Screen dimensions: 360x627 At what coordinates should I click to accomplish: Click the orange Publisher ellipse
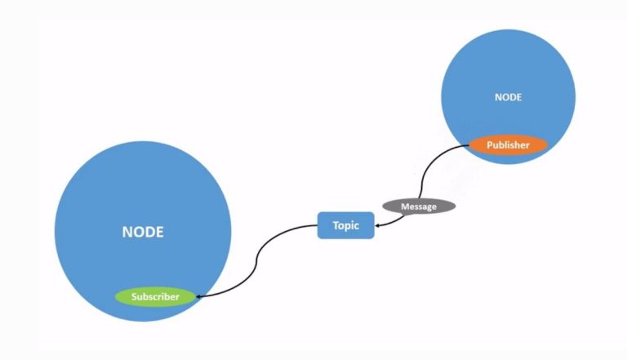click(508, 145)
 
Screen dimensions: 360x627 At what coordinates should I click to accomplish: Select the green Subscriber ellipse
click(155, 296)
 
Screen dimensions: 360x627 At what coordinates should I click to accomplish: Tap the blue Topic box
click(345, 224)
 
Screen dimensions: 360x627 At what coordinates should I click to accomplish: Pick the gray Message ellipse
click(419, 207)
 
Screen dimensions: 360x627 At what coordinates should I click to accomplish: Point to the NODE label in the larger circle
click(143, 232)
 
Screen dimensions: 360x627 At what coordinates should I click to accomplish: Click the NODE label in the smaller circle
click(508, 97)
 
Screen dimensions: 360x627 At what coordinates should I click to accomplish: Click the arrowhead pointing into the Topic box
click(378, 225)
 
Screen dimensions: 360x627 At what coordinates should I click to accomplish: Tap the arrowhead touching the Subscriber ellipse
click(200, 296)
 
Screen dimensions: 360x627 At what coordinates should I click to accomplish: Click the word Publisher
click(508, 145)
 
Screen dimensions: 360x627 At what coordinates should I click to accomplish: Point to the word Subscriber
click(155, 296)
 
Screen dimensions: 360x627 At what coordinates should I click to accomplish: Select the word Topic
click(345, 224)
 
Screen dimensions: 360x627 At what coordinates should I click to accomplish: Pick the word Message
click(419, 207)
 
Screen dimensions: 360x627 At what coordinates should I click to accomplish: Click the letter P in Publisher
click(490, 145)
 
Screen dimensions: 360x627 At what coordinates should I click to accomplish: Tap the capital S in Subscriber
click(134, 296)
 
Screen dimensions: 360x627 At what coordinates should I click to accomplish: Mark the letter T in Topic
click(335, 224)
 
